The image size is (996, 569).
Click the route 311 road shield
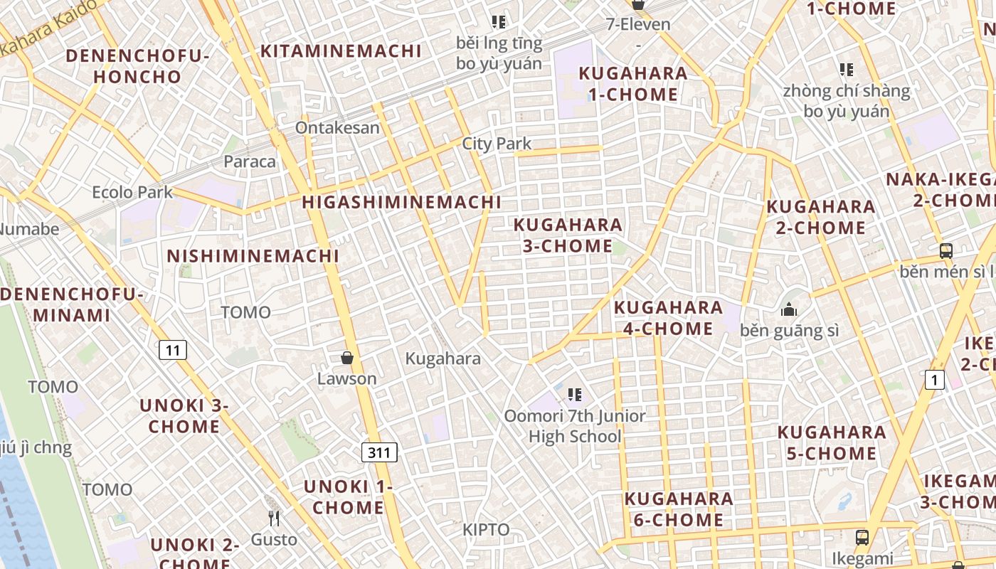coord(379,452)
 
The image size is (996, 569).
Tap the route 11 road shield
coord(173,350)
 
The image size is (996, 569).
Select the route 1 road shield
coord(935,380)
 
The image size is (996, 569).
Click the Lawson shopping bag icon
coord(347,358)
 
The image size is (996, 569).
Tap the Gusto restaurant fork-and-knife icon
coord(274,519)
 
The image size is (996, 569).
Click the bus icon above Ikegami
coord(862,537)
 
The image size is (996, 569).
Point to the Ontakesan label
coord(337,128)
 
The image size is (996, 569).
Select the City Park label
coord(497,144)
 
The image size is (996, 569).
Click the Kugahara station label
coord(443,359)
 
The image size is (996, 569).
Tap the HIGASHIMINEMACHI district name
coord(401,202)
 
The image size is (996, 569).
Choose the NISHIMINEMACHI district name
coord(253,256)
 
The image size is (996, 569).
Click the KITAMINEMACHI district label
coord(341,51)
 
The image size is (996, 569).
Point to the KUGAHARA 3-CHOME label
coord(568,235)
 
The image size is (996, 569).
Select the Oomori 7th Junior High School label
coord(575,426)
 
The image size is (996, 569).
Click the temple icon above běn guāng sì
coord(789,310)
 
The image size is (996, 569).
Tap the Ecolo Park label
coord(132,192)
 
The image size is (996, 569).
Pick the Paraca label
coord(250,161)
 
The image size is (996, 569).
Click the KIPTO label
coord(486,530)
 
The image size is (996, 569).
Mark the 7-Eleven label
coord(638,24)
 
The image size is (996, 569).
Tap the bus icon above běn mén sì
coord(945,251)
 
